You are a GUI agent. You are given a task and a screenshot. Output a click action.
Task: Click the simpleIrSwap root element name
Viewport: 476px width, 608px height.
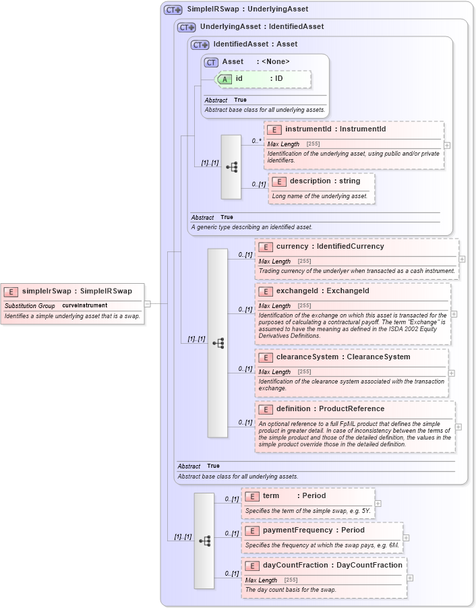[x=77, y=291]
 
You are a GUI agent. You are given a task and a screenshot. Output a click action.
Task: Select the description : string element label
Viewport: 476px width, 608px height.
[x=325, y=181]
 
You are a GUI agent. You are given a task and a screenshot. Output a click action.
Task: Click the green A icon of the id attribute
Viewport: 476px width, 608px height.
[x=226, y=79]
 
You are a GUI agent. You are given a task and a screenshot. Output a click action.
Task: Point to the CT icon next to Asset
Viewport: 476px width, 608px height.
[x=211, y=62]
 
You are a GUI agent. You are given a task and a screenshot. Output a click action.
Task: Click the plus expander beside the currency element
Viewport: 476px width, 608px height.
[x=462, y=259]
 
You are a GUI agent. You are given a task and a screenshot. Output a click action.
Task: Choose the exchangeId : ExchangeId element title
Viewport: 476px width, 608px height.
[x=323, y=291]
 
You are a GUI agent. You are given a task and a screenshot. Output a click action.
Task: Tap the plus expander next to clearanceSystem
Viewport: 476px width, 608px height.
[x=451, y=373]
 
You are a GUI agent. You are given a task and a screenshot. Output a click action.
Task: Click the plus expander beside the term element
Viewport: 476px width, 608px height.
[x=378, y=503]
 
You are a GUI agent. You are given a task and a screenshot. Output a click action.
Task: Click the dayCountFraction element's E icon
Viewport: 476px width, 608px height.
[x=251, y=566]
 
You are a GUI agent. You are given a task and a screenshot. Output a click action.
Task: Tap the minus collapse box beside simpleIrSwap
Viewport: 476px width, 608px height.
[x=148, y=303]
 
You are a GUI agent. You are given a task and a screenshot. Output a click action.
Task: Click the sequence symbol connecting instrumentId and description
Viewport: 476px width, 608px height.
[x=231, y=166]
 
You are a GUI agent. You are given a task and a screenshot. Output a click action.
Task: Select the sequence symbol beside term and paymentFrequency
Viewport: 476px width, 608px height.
[x=204, y=541]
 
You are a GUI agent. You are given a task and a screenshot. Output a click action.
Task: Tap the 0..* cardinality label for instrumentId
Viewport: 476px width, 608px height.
[x=256, y=141]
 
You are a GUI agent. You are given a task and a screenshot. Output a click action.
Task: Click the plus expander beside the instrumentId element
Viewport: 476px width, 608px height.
[x=447, y=145]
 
